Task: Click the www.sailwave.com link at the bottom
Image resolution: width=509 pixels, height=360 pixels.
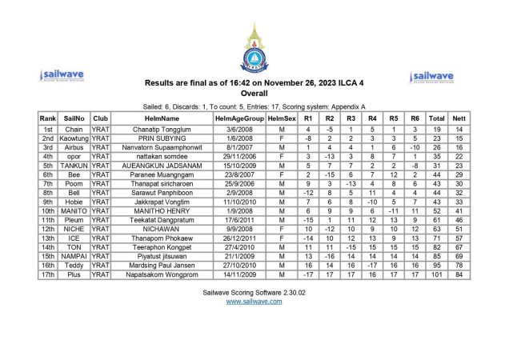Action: (254, 302)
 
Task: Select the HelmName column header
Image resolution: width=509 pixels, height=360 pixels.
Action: (162, 118)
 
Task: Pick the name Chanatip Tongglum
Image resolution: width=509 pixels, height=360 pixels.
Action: (162, 129)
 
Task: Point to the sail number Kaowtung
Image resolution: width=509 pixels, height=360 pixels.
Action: (74, 138)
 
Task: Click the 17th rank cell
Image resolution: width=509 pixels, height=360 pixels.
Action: (47, 274)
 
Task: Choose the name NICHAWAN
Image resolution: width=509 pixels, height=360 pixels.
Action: (162, 229)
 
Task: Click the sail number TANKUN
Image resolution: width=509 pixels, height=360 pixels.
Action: (74, 166)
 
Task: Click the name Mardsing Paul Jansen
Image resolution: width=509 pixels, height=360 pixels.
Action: (162, 265)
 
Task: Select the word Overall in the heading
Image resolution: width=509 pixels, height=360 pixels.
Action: (254, 93)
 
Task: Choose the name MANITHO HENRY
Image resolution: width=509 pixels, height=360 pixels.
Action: (162, 210)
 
